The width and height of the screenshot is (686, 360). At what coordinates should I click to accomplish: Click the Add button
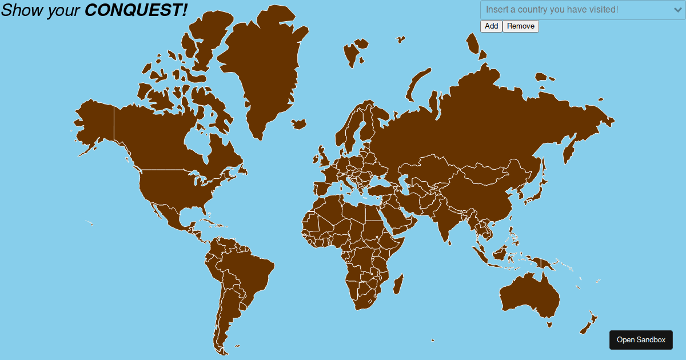coord(491,26)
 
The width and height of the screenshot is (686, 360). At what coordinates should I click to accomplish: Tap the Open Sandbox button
coord(641,340)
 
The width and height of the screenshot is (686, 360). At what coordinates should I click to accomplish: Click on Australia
coord(529,297)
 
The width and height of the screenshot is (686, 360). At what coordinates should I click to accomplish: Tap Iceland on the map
coord(298,123)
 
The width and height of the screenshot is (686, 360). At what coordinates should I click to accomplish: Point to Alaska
coord(94,123)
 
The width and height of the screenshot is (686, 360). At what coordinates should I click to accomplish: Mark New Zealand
coord(589,323)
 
